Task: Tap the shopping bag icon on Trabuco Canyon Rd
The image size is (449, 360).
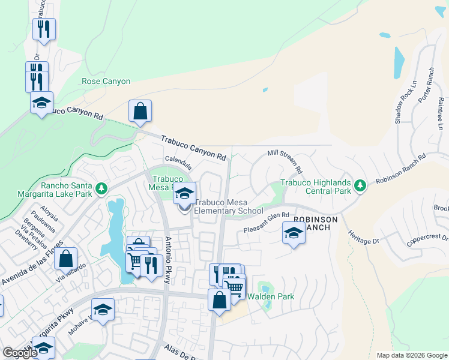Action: [140, 112]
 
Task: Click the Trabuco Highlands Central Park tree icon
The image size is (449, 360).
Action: [360, 186]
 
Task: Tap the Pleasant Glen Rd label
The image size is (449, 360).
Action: [267, 223]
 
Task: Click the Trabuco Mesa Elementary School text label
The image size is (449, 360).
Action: [228, 207]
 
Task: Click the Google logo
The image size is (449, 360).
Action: [19, 353]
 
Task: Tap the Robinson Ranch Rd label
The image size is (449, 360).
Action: [401, 169]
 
